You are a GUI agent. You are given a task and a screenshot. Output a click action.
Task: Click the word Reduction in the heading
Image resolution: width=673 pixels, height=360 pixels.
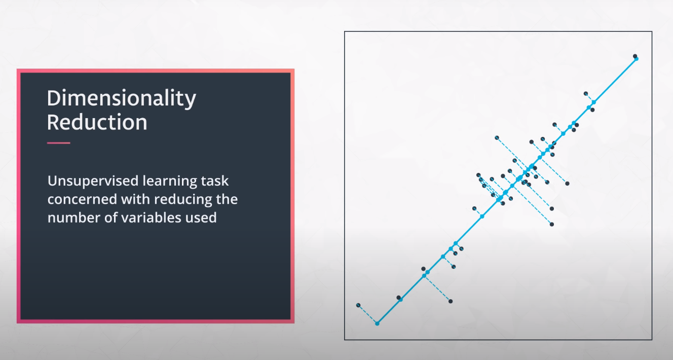(x=97, y=122)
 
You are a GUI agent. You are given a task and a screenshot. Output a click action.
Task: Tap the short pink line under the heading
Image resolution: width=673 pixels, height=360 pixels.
(x=59, y=143)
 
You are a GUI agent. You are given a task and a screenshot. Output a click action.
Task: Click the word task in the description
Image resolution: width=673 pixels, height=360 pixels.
(x=215, y=181)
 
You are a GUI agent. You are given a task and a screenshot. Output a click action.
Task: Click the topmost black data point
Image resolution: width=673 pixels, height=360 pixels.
(x=635, y=56)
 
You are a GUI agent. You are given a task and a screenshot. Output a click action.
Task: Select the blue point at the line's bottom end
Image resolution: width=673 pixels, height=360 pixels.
(x=378, y=323)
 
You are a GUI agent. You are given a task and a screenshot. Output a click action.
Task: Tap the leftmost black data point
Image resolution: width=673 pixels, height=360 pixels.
(x=358, y=305)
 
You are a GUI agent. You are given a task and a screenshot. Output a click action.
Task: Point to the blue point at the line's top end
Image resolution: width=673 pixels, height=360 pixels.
(x=637, y=59)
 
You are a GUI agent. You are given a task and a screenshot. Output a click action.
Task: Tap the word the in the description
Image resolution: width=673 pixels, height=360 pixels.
(x=227, y=200)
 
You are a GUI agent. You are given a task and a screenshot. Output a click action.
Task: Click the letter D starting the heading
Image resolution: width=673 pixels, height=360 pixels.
(x=54, y=98)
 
